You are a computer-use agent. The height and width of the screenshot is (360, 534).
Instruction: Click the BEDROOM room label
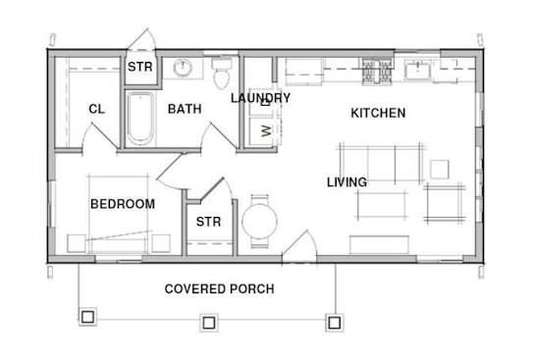tap(123, 204)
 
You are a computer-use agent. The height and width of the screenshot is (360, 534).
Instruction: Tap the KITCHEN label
tap(378, 113)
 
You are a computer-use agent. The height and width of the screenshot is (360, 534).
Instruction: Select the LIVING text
tap(347, 182)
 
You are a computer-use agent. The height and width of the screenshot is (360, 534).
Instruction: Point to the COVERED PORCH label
tap(219, 289)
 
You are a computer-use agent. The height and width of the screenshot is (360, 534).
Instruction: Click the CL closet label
tap(97, 109)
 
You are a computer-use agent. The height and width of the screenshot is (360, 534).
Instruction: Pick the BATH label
tap(185, 109)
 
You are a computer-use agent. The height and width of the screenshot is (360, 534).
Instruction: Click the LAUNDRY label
tap(260, 98)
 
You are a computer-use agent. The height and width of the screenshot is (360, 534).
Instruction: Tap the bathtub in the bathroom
tap(140, 118)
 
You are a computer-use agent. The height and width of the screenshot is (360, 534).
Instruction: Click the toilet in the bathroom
tap(222, 74)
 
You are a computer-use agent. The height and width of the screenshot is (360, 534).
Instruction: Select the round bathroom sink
tap(183, 68)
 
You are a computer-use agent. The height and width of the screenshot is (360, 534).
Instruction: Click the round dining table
tap(259, 222)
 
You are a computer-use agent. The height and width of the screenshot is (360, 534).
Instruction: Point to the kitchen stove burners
tap(376, 71)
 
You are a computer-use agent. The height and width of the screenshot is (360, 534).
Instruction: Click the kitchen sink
tap(418, 70)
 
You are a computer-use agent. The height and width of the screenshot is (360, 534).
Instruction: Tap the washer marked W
tap(265, 130)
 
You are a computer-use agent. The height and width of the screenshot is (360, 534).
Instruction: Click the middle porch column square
tap(209, 322)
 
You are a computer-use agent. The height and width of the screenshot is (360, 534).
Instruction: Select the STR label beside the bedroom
tap(208, 222)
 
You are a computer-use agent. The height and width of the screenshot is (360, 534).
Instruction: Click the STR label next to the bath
tap(140, 67)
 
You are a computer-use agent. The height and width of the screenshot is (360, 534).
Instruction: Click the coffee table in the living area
tap(382, 205)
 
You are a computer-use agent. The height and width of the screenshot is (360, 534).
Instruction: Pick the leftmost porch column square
tap(88, 317)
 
